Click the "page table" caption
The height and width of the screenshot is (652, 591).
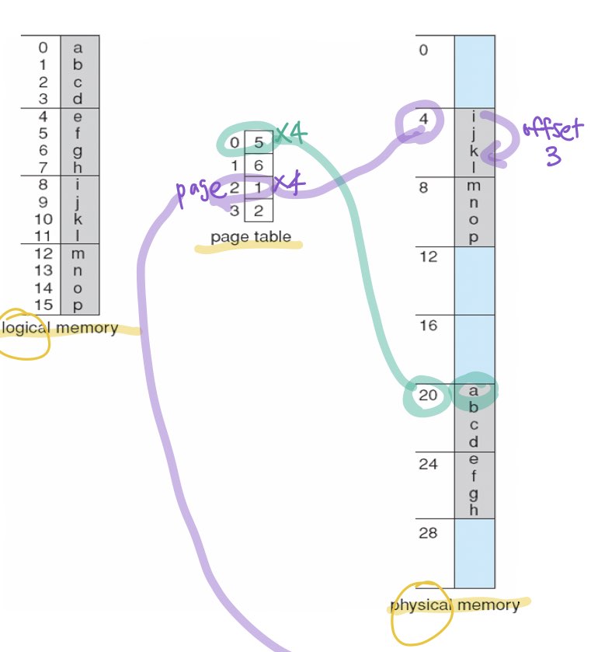point(251,237)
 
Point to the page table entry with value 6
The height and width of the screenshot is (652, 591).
point(259,166)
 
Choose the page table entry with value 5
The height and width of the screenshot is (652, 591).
point(259,143)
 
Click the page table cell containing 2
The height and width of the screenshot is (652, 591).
point(259,210)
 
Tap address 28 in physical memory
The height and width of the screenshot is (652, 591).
point(428,533)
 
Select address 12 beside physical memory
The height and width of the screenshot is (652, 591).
point(428,256)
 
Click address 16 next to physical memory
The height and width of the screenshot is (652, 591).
point(428,326)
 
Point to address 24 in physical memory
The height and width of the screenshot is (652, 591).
point(428,464)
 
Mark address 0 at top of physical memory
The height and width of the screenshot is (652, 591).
point(423,51)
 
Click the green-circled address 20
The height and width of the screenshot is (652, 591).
point(428,395)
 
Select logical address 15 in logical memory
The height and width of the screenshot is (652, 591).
point(43,305)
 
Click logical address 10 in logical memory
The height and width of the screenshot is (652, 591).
point(43,219)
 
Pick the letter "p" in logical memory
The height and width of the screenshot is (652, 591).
point(78,305)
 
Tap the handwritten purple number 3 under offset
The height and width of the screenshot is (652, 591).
point(552,158)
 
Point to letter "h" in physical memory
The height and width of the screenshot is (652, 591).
point(474,511)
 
